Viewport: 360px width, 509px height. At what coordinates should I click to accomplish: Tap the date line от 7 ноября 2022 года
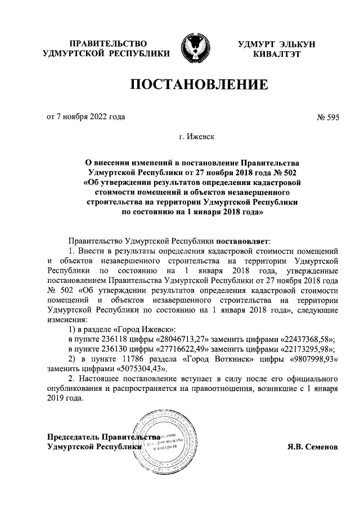(85, 117)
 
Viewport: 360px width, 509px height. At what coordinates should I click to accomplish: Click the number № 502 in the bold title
(286, 172)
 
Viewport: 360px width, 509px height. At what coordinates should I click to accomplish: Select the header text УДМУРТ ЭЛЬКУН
(277, 44)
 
